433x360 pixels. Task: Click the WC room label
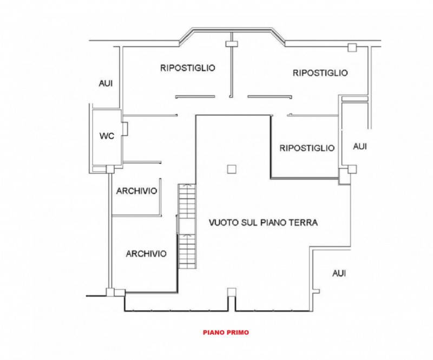pyautogui.click(x=107, y=136)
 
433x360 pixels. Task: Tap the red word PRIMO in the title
pyautogui.click(x=238, y=332)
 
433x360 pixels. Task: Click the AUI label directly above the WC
pyautogui.click(x=106, y=83)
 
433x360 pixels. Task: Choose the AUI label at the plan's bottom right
pyautogui.click(x=339, y=273)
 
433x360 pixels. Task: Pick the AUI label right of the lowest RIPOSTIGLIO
pyautogui.click(x=360, y=146)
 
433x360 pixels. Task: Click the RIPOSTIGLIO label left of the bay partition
pyautogui.click(x=188, y=68)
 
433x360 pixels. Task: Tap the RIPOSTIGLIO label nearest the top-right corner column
pyautogui.click(x=320, y=73)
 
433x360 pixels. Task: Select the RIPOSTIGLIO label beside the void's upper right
pyautogui.click(x=307, y=148)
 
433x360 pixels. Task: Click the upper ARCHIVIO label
pyautogui.click(x=136, y=191)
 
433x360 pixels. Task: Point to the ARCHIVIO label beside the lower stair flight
pyautogui.click(x=146, y=254)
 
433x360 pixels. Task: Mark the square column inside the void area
pyautogui.click(x=232, y=169)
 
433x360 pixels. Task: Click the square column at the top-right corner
pyautogui.click(x=352, y=48)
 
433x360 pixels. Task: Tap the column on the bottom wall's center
pyautogui.click(x=232, y=292)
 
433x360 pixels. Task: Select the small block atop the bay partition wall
pyautogui.click(x=232, y=44)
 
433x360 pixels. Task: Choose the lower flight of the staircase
pyautogui.click(x=187, y=251)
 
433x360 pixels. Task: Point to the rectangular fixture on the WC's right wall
pyautogui.click(x=124, y=129)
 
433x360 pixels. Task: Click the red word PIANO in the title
pyautogui.click(x=214, y=332)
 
